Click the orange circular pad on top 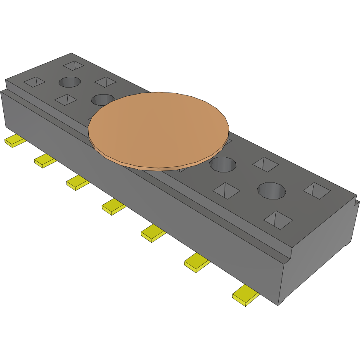159,130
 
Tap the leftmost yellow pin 15,141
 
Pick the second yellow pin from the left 45,161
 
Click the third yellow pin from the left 78,183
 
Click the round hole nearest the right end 272,190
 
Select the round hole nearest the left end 70,82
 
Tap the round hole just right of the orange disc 223,165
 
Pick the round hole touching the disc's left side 102,99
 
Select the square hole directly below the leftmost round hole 66,99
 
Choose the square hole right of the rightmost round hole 317,191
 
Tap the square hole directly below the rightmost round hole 278,220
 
